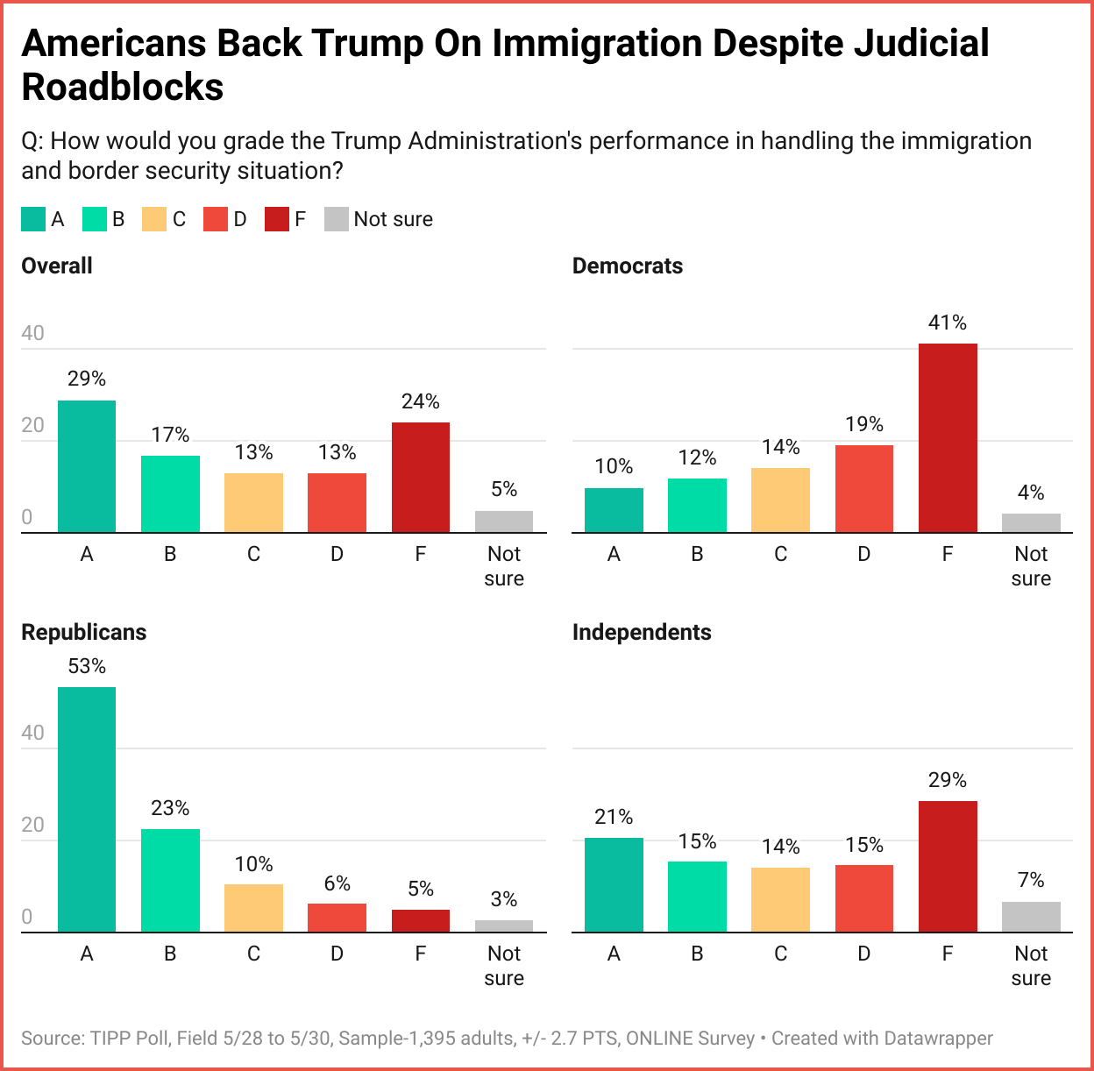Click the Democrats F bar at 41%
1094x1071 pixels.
pos(948,438)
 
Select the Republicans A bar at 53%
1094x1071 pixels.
pos(87,809)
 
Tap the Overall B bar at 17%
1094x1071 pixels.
pos(170,494)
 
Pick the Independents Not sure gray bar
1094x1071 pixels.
pos(1031,917)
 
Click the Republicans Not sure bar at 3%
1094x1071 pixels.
pos(504,926)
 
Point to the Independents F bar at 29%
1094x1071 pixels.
pos(948,867)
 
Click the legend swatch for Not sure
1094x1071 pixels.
pos(337,219)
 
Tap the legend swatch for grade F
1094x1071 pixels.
pos(277,219)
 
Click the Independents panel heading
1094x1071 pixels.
pos(642,632)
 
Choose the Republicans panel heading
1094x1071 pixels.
pos(84,632)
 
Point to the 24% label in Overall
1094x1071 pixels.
pos(421,401)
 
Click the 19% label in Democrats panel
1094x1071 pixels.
pos(864,424)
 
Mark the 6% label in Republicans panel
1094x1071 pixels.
pos(337,883)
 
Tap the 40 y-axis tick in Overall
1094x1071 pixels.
pos(32,333)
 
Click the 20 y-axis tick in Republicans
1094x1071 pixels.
pos(32,825)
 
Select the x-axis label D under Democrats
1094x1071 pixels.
pos(864,554)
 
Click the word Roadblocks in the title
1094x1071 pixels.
pos(123,87)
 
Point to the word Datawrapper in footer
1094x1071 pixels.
pos(938,1039)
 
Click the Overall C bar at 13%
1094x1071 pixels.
pos(254,503)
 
